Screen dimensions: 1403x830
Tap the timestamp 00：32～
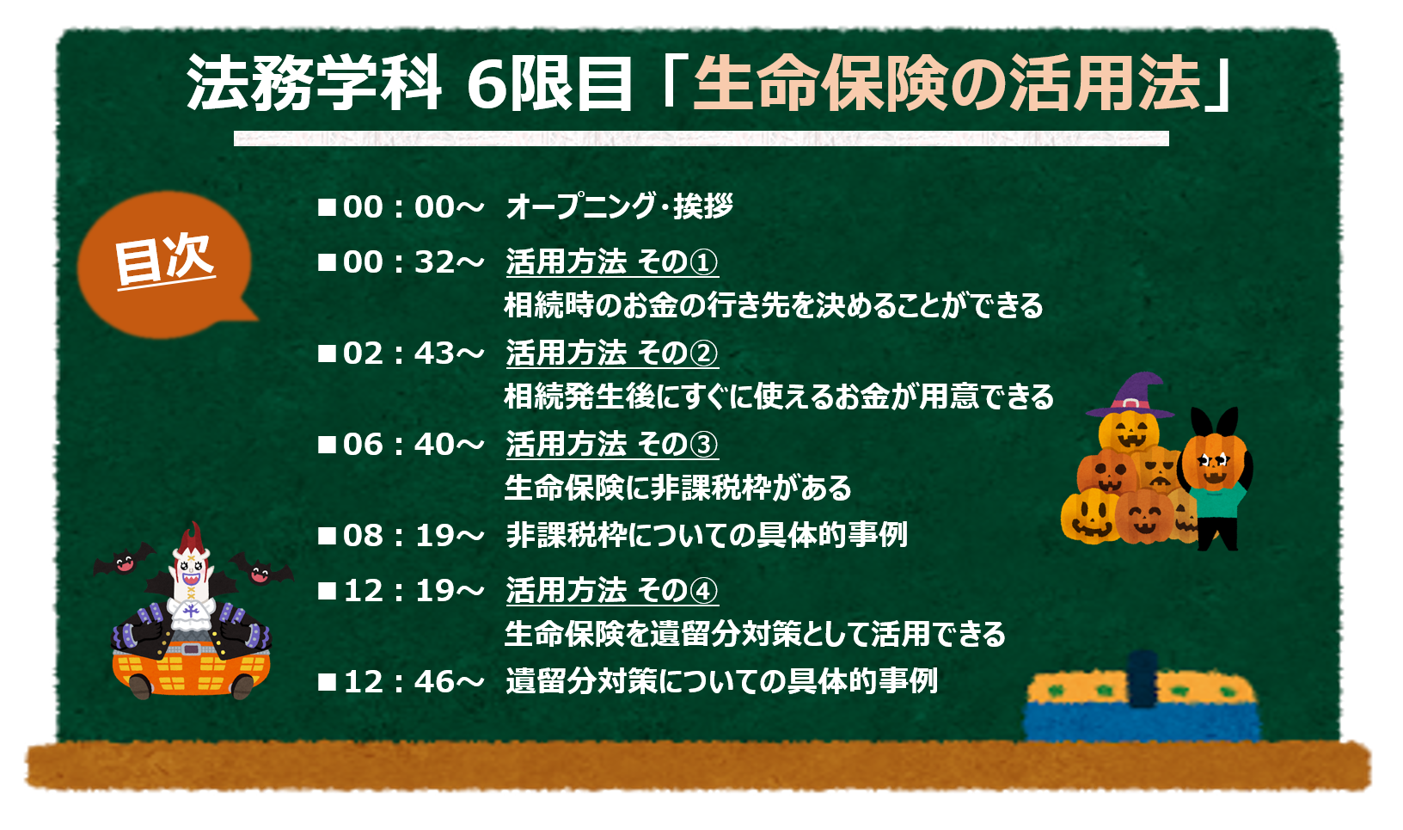click(414, 261)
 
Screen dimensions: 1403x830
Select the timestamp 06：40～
click(414, 445)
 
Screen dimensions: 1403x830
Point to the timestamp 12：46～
click(414, 681)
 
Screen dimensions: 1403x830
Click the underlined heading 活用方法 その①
click(612, 262)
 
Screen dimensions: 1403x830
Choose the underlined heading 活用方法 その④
click(612, 591)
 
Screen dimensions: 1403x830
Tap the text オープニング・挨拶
click(619, 206)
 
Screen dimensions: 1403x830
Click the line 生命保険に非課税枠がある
click(677, 488)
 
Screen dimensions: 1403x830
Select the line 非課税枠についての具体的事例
click(707, 536)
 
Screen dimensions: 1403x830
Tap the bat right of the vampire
click(261, 569)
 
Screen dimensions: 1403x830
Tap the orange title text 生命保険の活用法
click(947, 83)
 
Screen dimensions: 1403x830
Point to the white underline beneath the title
click(701, 138)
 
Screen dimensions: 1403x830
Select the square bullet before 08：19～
click(327, 536)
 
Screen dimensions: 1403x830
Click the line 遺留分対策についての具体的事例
click(721, 681)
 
